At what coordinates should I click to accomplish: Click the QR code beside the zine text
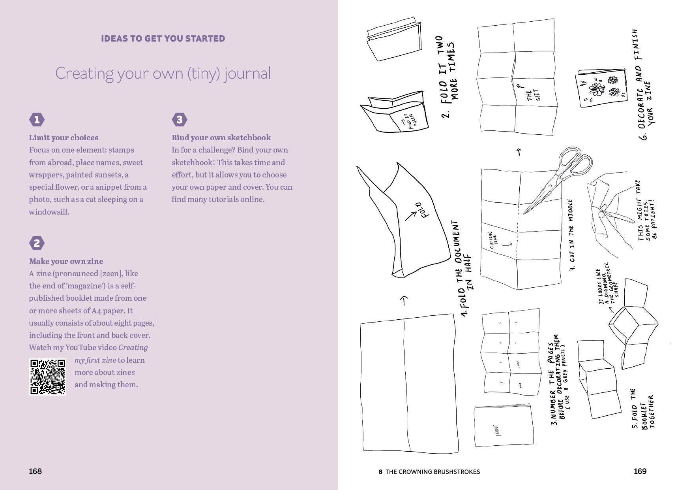click(x=47, y=377)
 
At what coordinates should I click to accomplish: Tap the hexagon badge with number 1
click(x=37, y=119)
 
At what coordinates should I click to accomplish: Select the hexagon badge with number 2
click(x=37, y=243)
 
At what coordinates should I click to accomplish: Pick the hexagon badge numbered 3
click(x=180, y=119)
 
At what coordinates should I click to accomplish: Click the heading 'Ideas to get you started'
click(x=163, y=39)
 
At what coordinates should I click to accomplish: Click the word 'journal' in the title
click(x=247, y=73)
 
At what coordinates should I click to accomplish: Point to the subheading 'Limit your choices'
click(x=64, y=138)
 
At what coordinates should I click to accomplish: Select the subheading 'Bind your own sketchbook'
click(x=221, y=138)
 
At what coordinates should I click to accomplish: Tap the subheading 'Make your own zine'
click(x=66, y=261)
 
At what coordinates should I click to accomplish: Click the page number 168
click(x=35, y=471)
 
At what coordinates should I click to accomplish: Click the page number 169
click(x=640, y=471)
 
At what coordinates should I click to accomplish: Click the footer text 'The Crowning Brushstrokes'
click(x=432, y=471)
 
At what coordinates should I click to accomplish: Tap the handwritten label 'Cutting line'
click(x=493, y=239)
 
